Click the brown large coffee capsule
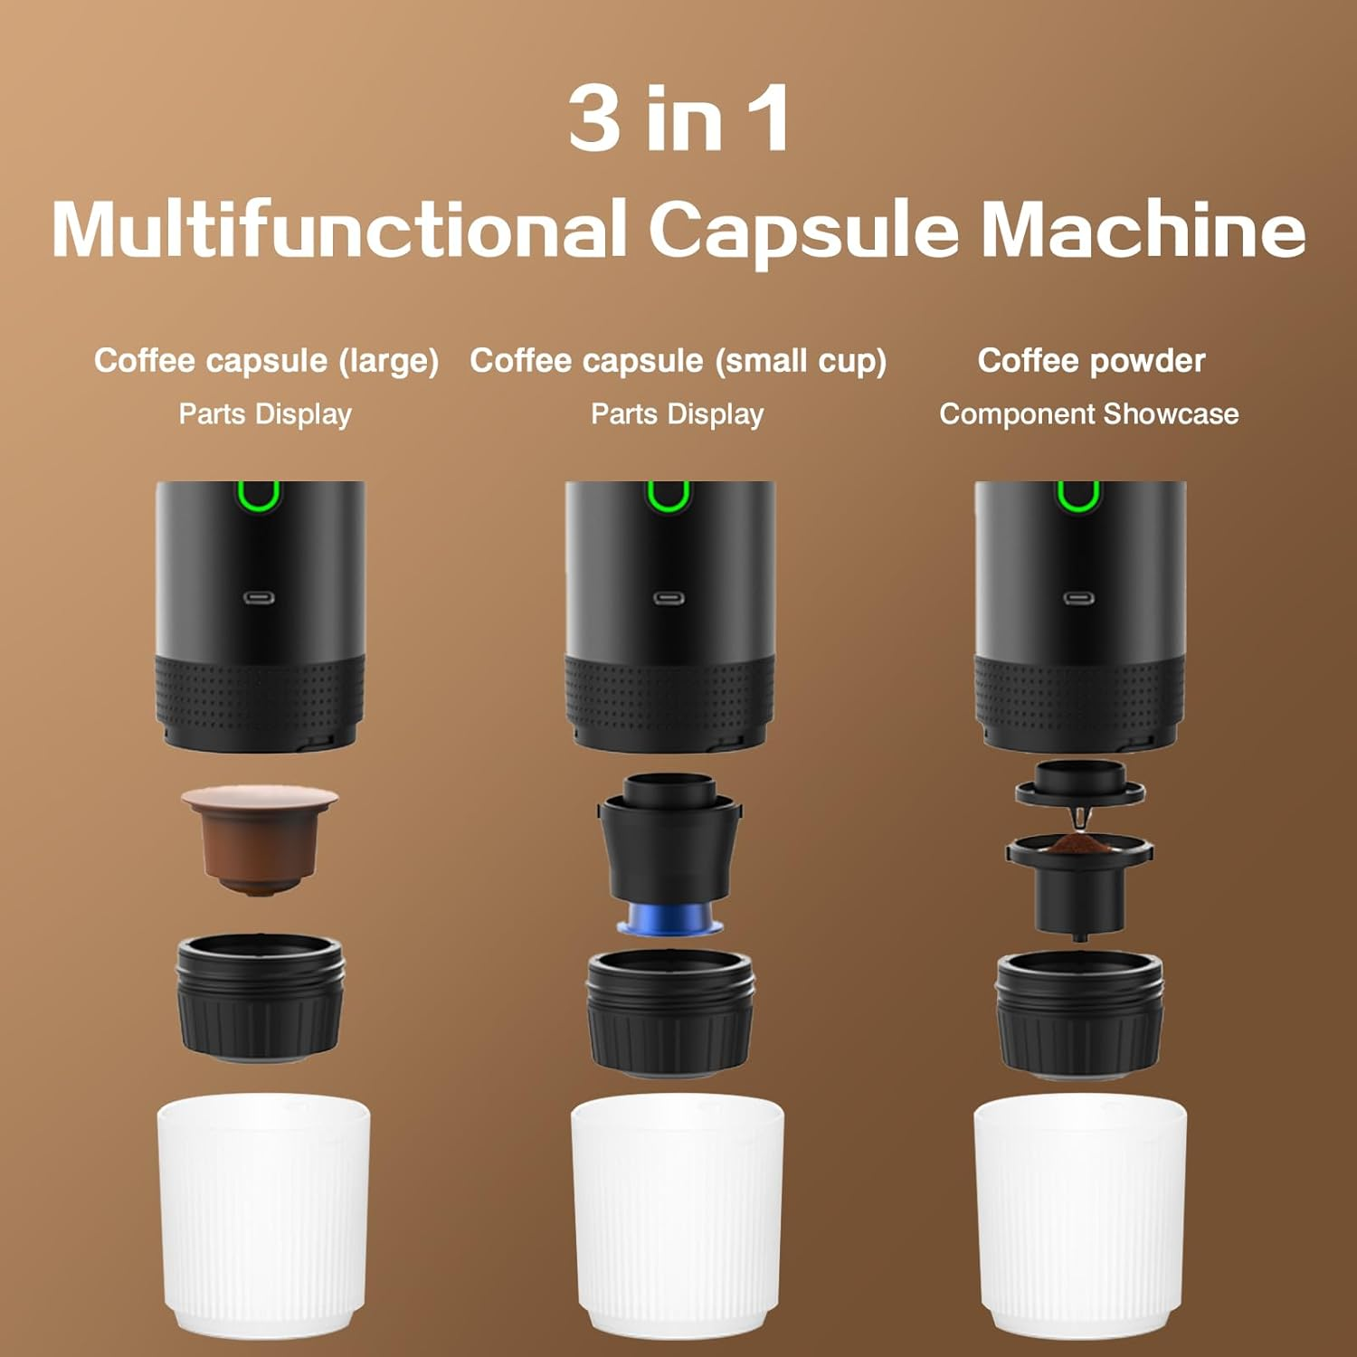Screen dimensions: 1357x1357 click(x=260, y=839)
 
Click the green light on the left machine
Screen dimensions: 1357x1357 click(x=260, y=497)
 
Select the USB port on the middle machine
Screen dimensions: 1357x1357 click(x=669, y=598)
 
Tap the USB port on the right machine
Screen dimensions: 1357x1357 click(x=1078, y=598)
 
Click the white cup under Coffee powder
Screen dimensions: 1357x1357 click(x=1079, y=1217)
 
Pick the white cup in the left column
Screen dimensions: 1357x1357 click(x=263, y=1217)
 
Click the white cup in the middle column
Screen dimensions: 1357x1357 click(x=677, y=1217)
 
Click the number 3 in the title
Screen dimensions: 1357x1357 click(x=594, y=119)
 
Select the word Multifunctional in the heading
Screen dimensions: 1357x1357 click(x=339, y=229)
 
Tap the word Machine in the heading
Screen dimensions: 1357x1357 click(x=1143, y=229)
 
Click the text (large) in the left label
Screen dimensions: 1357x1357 click(x=388, y=361)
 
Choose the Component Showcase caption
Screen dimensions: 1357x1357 click(x=1088, y=414)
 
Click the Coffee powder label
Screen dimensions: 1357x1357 click(x=1091, y=360)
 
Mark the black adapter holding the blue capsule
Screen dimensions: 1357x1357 click(x=669, y=841)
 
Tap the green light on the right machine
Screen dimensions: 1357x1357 click(x=1078, y=497)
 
